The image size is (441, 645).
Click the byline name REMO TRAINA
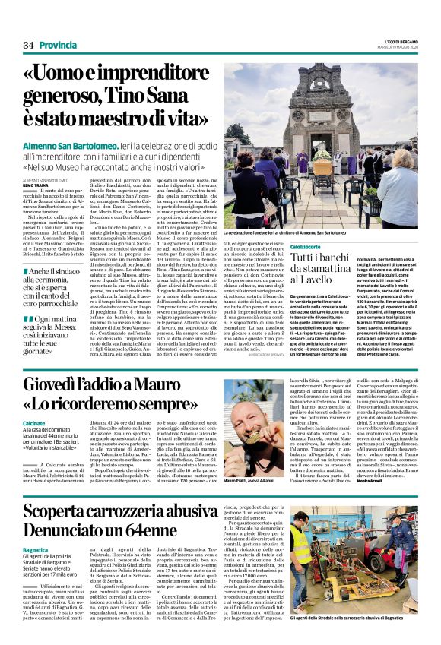[37, 184]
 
